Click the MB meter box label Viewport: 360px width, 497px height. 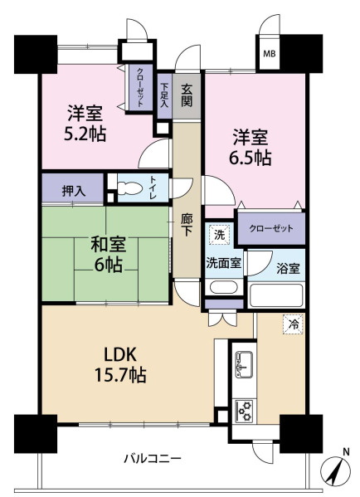point(270,54)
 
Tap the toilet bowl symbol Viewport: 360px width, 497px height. point(129,189)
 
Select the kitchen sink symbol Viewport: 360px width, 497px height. point(244,364)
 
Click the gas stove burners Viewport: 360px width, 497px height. point(245,411)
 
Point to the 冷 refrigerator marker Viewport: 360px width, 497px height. point(293,324)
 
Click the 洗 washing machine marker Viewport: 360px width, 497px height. point(219,235)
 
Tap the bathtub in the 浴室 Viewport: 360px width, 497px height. point(275,295)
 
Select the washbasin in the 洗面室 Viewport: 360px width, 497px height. point(224,287)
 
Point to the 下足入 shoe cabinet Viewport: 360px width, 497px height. point(164,95)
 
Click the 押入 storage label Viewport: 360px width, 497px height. point(74,191)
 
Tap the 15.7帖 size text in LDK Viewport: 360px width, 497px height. point(120,375)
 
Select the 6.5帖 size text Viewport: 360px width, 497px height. point(250,158)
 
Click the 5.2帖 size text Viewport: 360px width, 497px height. point(85,134)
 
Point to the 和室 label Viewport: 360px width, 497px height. point(109,245)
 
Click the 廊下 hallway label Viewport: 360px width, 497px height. point(187,225)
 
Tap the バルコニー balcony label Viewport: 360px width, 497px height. point(153,458)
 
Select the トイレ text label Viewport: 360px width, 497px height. point(153,188)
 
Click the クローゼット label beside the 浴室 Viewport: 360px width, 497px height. point(271,228)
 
